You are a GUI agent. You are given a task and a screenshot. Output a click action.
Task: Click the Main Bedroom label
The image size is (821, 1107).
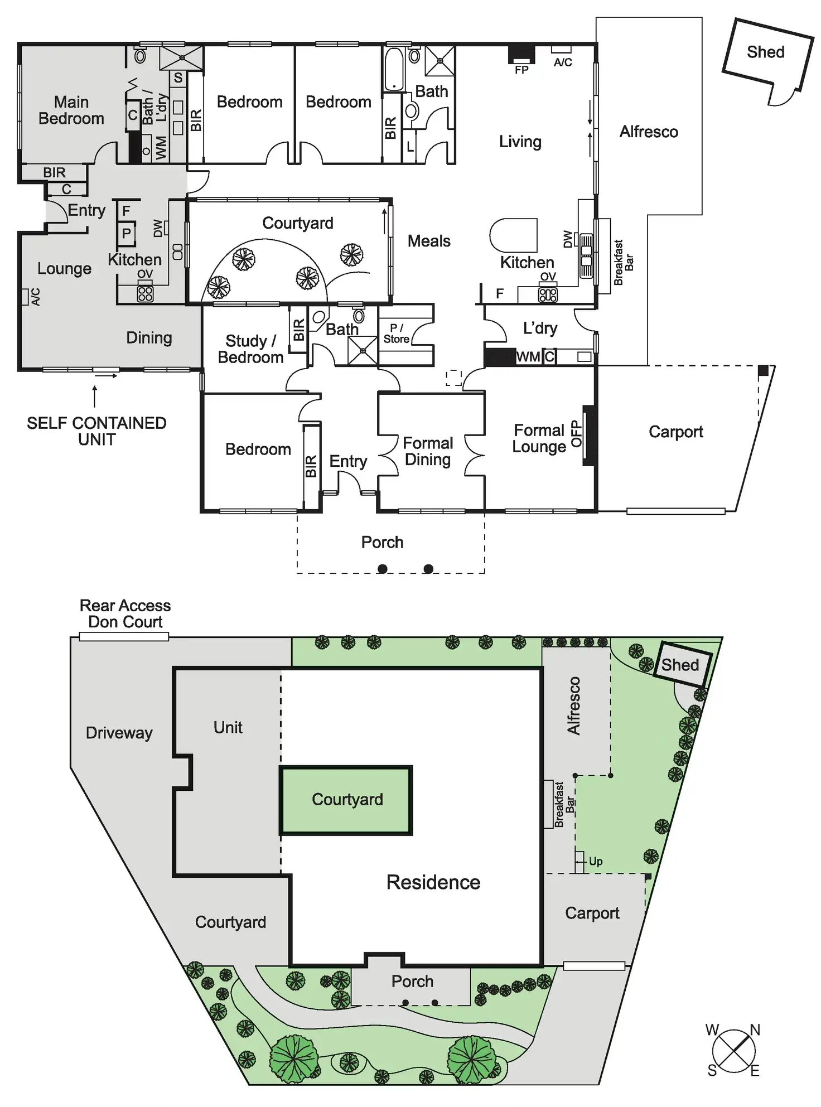[71, 110]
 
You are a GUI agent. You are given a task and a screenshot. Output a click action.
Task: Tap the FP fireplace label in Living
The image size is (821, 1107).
[521, 70]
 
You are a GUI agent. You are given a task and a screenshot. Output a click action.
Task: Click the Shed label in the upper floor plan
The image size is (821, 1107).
[765, 52]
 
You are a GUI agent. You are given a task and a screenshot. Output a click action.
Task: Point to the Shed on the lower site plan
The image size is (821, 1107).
[680, 665]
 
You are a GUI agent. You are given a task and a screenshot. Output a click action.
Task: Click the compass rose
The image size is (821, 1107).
[734, 1051]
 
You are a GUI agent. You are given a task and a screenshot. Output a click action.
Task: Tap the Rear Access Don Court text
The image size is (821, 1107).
[125, 613]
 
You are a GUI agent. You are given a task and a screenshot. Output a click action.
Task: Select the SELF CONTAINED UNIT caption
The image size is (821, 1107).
[96, 431]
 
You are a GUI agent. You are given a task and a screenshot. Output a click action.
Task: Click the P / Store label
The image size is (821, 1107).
[397, 333]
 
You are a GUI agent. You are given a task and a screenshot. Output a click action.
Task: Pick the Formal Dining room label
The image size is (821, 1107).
[428, 451]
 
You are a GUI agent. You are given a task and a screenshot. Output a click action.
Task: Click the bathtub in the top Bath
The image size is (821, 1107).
[394, 69]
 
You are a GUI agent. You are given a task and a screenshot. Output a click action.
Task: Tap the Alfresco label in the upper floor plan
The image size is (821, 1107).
[649, 132]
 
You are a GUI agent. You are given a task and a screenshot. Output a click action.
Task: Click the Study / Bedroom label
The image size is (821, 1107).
[250, 349]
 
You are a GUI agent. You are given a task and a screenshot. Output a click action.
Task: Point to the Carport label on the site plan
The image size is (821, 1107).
[592, 913]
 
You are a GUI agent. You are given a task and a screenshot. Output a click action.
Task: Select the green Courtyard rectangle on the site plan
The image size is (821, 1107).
[346, 800]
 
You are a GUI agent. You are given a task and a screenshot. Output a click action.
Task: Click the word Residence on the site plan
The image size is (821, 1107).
[433, 882]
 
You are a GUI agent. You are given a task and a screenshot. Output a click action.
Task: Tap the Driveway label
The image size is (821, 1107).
[119, 733]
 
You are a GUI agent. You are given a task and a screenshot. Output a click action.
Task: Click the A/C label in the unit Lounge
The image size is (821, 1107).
[35, 297]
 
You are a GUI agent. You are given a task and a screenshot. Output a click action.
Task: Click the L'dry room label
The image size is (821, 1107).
[540, 328]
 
